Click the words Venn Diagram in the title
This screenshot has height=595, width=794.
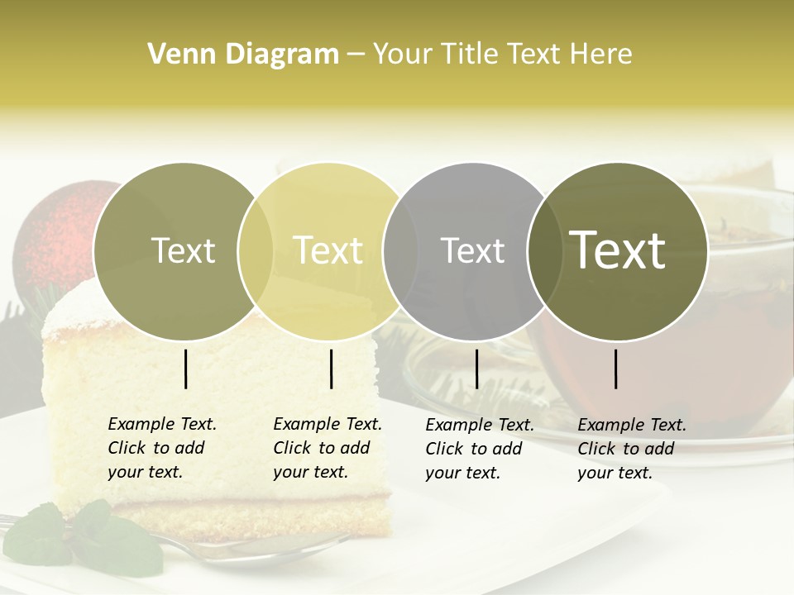[x=243, y=54]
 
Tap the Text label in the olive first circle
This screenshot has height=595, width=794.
[x=183, y=250]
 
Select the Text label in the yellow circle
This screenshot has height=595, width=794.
[x=328, y=250]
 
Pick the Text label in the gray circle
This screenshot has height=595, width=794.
[x=472, y=250]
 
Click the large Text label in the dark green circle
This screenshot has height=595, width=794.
[x=618, y=250]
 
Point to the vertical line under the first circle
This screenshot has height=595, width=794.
[x=186, y=369]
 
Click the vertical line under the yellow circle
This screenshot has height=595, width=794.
[x=331, y=369]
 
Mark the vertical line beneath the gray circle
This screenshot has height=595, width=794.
[x=476, y=369]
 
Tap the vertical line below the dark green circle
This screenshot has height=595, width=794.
[x=616, y=369]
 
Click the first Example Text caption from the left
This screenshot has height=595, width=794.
[x=161, y=448]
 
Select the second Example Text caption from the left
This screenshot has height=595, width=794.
[x=327, y=448]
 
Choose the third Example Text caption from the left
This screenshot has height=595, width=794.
[x=479, y=449]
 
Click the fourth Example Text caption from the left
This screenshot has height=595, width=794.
[x=631, y=449]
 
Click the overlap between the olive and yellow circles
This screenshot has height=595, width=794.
[x=256, y=250]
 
